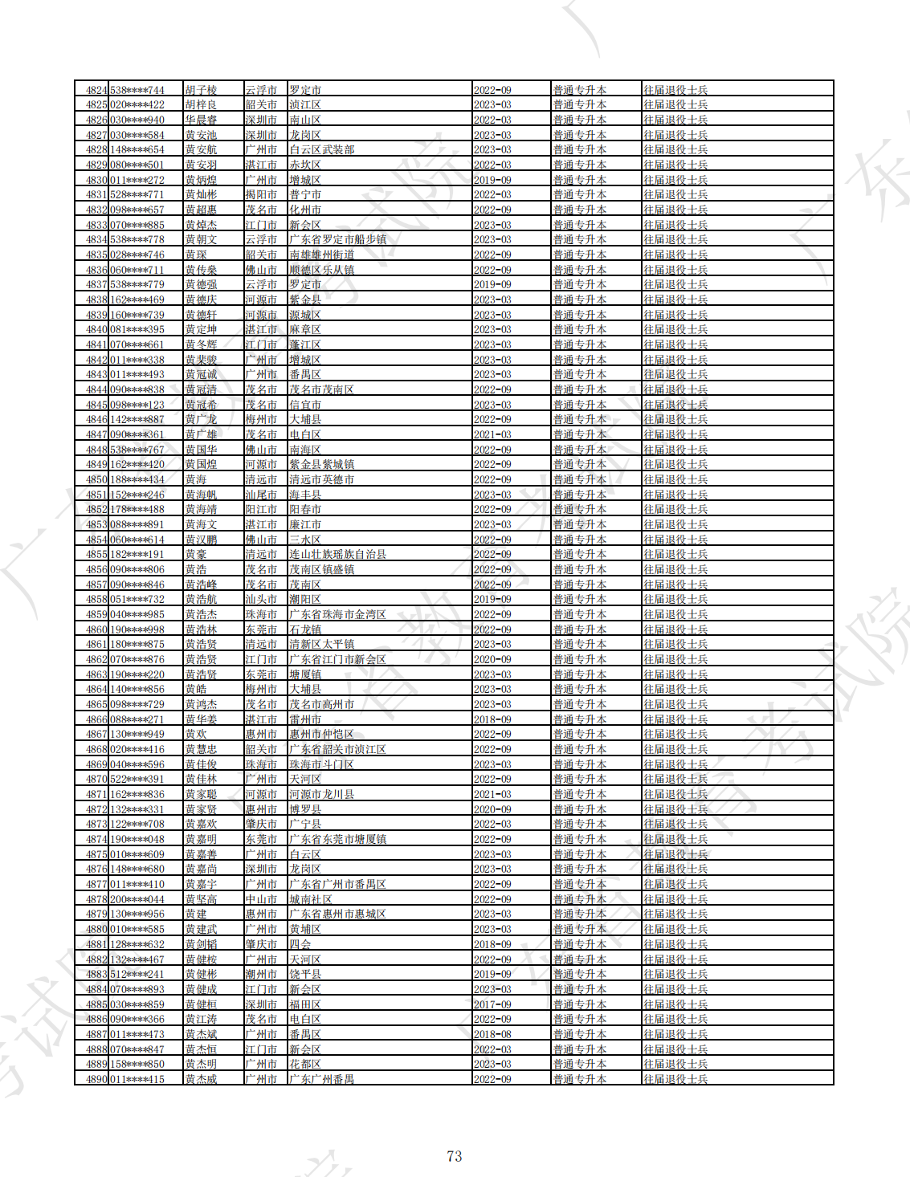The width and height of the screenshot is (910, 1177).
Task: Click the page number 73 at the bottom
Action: pyautogui.click(x=454, y=1156)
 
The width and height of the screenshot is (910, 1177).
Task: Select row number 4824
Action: pyautogui.click(x=96, y=90)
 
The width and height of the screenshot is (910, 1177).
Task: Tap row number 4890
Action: pyautogui.click(x=96, y=1079)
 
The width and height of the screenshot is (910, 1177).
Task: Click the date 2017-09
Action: pyautogui.click(x=492, y=1004)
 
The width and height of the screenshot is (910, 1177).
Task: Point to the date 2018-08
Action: pyautogui.click(x=492, y=1034)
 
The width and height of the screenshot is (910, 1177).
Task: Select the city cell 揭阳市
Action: pyautogui.click(x=261, y=194)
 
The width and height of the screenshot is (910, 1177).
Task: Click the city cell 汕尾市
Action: pyautogui.click(x=261, y=495)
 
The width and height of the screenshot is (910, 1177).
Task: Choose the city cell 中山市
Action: pyautogui.click(x=261, y=899)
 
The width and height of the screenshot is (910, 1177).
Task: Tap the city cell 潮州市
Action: pyautogui.click(x=261, y=974)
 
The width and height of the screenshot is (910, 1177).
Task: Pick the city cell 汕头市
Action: pyautogui.click(x=261, y=599)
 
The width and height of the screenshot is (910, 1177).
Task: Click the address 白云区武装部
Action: pyautogui.click(x=321, y=149)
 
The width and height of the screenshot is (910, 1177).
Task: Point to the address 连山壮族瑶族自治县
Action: pyautogui.click(x=337, y=554)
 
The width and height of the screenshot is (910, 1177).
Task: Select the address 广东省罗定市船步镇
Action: pyautogui.click(x=337, y=239)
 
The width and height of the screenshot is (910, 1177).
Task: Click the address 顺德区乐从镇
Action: pyautogui.click(x=321, y=270)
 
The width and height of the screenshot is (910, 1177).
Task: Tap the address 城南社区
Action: pyautogui.click(x=311, y=899)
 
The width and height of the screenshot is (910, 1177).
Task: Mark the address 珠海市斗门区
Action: pyautogui.click(x=321, y=764)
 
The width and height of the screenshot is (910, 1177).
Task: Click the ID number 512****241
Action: pyautogui.click(x=137, y=974)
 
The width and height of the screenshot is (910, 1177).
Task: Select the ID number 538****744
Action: pyautogui.click(x=137, y=90)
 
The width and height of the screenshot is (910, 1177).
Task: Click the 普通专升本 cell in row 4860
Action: pyautogui.click(x=579, y=629)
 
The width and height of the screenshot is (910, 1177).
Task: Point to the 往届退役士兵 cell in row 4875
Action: pyautogui.click(x=675, y=854)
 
